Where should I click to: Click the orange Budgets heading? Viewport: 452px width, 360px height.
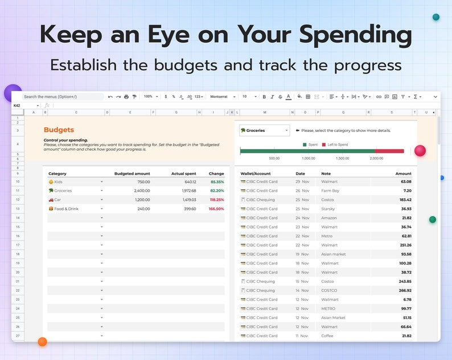point(59,130)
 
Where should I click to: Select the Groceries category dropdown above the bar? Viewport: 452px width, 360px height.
point(264,131)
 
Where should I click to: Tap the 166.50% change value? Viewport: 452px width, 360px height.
point(216,209)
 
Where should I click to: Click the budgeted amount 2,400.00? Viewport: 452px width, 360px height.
point(142,191)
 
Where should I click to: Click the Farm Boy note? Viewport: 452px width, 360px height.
point(330,191)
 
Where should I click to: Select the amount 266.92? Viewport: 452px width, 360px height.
point(405,290)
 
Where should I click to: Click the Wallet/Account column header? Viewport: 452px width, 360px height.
point(256,173)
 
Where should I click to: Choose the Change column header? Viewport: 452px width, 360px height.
point(216,173)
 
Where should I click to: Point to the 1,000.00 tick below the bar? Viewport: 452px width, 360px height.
point(308,158)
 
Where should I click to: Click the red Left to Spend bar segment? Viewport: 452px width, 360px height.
point(389,151)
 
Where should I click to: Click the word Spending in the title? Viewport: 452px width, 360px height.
point(356,35)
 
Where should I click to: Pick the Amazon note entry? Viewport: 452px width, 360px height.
point(329,218)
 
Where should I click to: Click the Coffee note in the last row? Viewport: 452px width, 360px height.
point(327,336)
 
